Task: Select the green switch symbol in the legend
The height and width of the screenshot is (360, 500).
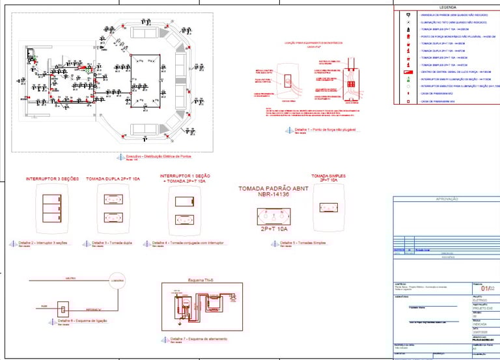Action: point(408,78)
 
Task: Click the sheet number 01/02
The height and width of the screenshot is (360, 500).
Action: point(485,289)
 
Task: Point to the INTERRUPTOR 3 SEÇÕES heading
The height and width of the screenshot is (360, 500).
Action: point(52,179)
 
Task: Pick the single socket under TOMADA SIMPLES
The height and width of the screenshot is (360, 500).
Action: point(329,208)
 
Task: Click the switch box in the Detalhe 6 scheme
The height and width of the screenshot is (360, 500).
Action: point(64,307)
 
